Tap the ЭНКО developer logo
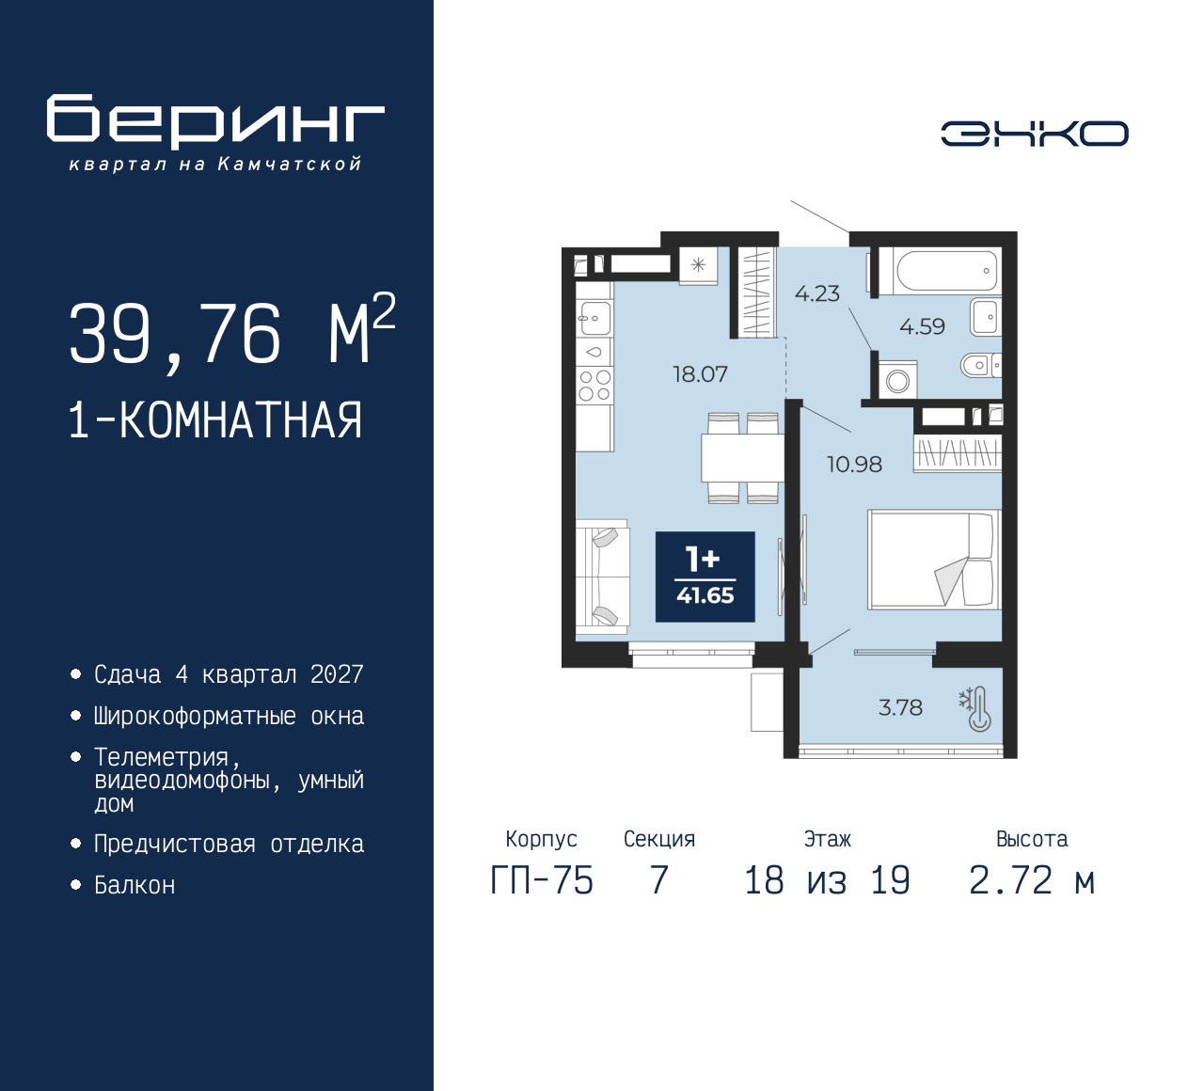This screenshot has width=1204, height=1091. click(1034, 134)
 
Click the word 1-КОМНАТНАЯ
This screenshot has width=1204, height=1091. click(215, 420)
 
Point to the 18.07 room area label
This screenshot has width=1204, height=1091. click(700, 374)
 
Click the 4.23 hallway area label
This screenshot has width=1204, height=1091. click(816, 293)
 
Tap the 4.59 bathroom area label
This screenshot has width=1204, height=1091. click(922, 326)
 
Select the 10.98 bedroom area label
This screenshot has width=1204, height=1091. click(854, 464)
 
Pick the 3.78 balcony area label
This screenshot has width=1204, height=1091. click(900, 707)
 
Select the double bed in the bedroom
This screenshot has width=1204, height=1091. click(933, 560)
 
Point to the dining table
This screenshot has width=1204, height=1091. click(742, 458)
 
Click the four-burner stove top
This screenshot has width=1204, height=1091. click(594, 386)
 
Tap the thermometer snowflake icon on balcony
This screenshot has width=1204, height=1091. click(974, 710)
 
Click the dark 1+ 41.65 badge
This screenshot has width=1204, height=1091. click(705, 577)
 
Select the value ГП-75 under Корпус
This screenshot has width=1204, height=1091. click(542, 880)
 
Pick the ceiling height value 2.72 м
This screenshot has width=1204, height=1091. click(1032, 880)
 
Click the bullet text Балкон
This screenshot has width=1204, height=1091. click(135, 885)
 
